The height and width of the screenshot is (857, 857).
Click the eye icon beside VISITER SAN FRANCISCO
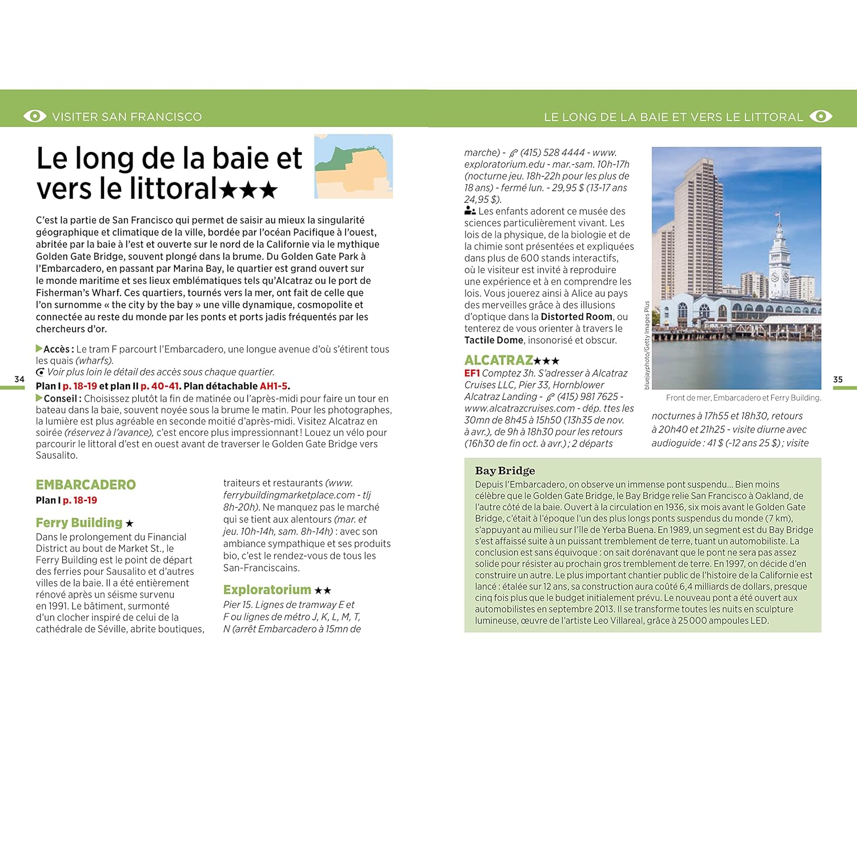pos(35,116)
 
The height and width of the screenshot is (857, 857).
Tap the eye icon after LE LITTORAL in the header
pos(821,117)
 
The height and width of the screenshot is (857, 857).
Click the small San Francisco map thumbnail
pos(354,166)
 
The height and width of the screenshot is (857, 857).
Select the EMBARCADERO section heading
pos(86,485)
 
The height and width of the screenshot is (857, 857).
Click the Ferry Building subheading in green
pos(79,523)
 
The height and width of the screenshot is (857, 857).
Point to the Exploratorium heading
pos(267,590)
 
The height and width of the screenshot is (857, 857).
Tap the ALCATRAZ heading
pos(499,361)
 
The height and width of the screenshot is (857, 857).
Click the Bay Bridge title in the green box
pos(505,471)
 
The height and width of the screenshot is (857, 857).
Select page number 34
pos(19,379)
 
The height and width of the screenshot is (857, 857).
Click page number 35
pos(838,379)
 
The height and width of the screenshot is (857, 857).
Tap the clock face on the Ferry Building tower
pos(775,278)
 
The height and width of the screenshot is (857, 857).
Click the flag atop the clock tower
pos(778,215)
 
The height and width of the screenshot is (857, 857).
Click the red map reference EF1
pos(472,373)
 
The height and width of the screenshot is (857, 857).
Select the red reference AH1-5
pos(274,386)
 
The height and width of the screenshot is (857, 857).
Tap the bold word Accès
pos(58,349)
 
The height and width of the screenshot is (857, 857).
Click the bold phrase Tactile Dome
pos(494,341)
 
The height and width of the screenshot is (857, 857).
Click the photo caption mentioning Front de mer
pos(743,398)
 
